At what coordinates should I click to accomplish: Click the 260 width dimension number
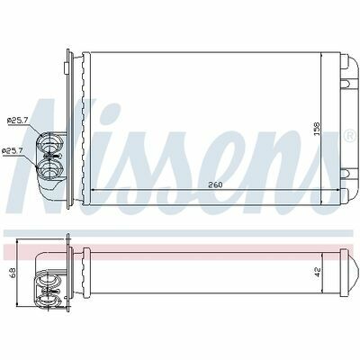(x=215, y=184)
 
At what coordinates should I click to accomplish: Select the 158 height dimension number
(x=317, y=130)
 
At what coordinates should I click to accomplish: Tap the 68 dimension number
(x=13, y=273)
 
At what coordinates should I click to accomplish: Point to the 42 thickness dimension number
(x=318, y=272)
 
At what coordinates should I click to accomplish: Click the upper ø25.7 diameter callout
(x=18, y=121)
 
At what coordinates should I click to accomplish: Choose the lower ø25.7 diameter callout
(x=13, y=151)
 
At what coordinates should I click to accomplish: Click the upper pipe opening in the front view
(x=49, y=142)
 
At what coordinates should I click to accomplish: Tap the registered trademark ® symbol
(x=351, y=136)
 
